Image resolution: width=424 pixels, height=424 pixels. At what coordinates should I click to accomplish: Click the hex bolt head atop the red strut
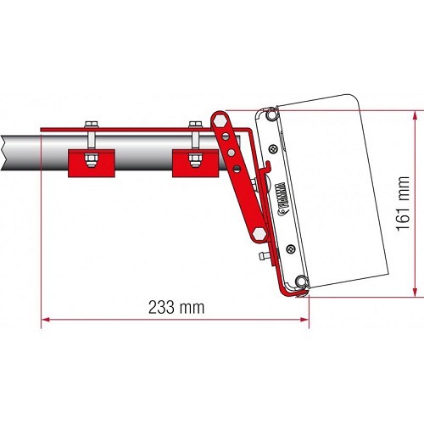click(x=221, y=122)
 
